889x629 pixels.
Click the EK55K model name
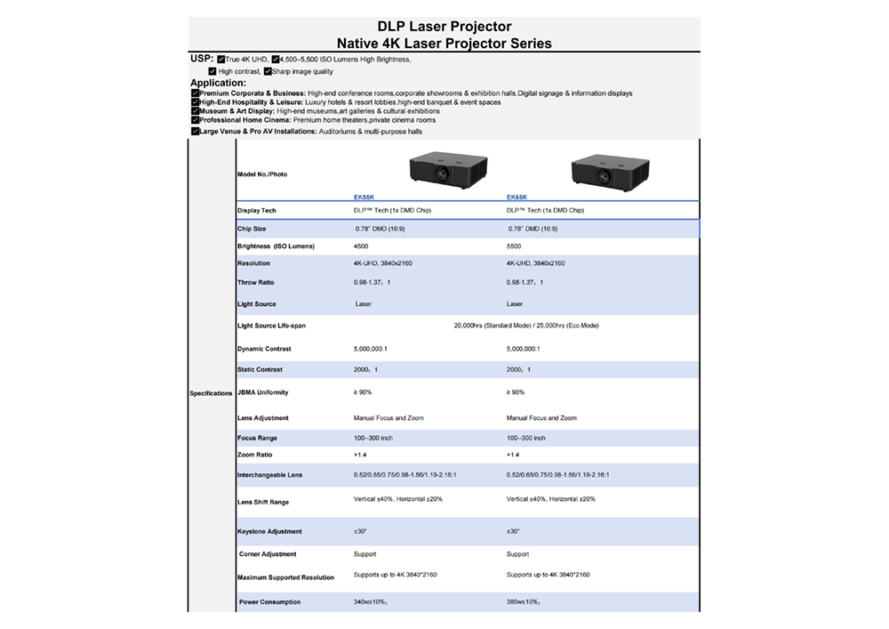[364, 198]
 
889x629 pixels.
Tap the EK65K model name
[517, 198]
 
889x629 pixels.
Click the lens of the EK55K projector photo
[442, 173]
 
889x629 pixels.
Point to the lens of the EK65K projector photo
[605, 176]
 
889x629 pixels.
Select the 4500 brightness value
[361, 246]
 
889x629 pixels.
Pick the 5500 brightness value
[514, 246]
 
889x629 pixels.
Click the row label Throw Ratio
[256, 282]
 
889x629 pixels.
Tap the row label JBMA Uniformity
[263, 392]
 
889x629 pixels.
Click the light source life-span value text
[526, 326]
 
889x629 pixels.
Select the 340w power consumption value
[371, 601]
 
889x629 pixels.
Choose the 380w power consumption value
[524, 601]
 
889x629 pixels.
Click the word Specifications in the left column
[211, 393]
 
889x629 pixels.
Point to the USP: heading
[202, 59]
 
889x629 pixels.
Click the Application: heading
[219, 83]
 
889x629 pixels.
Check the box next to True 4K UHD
[221, 59]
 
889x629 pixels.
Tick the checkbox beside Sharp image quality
[268, 71]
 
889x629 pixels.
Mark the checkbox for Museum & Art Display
[195, 111]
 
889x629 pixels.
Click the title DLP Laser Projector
[444, 27]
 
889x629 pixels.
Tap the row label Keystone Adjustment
[270, 532]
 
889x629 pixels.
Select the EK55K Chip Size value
[380, 230]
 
